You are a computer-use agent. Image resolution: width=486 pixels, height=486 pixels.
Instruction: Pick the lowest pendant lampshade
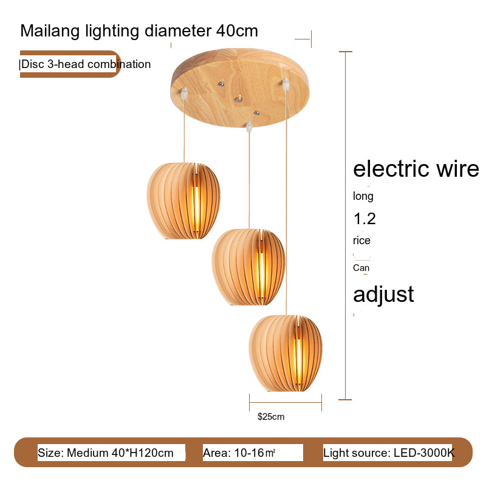coord(285,353)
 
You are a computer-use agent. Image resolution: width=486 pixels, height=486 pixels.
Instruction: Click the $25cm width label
coord(271,417)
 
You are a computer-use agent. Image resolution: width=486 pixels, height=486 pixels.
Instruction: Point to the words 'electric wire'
coord(416,169)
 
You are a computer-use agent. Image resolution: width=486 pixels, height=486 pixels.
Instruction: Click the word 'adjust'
coord(383,294)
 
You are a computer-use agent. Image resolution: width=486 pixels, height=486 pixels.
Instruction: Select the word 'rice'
coord(361,241)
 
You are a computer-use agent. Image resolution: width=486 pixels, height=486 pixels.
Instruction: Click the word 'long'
coord(363,196)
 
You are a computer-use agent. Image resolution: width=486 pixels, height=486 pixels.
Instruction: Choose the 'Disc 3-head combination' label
coord(86,64)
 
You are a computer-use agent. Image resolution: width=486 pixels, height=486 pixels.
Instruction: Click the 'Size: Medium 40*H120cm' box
coord(106,453)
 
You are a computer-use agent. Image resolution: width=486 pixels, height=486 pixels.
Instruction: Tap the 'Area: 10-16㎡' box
coord(252,453)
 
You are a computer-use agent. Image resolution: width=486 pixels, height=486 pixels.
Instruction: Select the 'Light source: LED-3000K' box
coord(388,453)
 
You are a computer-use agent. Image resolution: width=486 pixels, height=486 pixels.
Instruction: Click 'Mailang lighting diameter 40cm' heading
coord(139,31)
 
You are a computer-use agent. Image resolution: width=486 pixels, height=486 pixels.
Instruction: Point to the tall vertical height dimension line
coord(346,225)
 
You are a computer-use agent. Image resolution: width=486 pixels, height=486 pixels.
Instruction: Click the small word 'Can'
coord(361,268)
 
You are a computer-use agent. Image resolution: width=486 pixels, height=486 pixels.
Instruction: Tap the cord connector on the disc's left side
coord(184,93)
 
